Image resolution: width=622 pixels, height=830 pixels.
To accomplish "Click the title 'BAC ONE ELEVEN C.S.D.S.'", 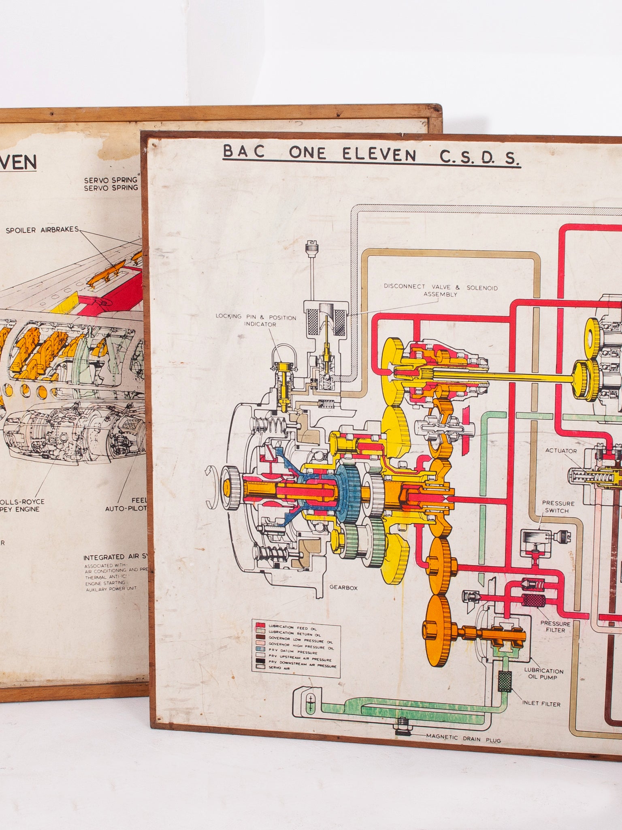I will click(x=371, y=155).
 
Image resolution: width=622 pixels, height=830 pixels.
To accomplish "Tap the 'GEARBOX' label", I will click(x=343, y=587).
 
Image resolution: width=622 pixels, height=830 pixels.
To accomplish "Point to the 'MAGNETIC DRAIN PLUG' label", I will click(x=463, y=739).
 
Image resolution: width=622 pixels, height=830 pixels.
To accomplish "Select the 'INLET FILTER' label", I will click(x=541, y=704).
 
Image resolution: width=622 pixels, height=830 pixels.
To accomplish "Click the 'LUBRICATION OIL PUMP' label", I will click(x=543, y=674).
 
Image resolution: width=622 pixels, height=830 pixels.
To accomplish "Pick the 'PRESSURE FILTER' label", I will click(x=555, y=627).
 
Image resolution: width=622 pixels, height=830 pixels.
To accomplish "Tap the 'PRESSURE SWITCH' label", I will click(x=558, y=507).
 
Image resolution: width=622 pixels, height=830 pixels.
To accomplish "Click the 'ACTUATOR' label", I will click(x=561, y=451).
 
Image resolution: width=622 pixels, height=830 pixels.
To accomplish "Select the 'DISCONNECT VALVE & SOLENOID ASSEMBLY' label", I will click(x=441, y=291).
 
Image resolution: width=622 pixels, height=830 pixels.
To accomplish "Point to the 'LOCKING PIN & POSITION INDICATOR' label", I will click(x=256, y=320).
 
